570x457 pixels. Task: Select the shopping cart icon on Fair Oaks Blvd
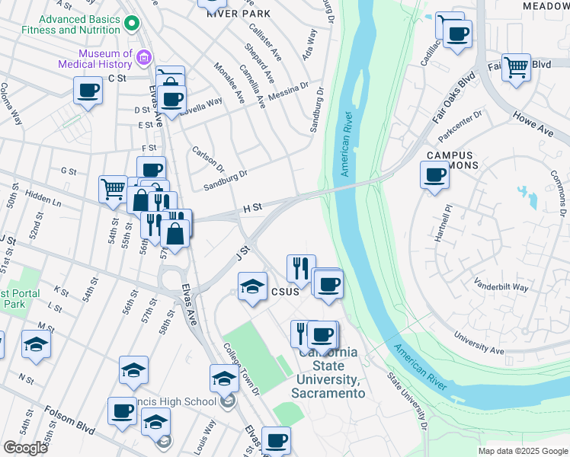tap(517, 67)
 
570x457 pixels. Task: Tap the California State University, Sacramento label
tap(328, 372)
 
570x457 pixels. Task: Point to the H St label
tap(252, 207)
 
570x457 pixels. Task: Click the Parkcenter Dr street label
tap(461, 126)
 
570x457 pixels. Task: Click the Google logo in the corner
tap(25, 448)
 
